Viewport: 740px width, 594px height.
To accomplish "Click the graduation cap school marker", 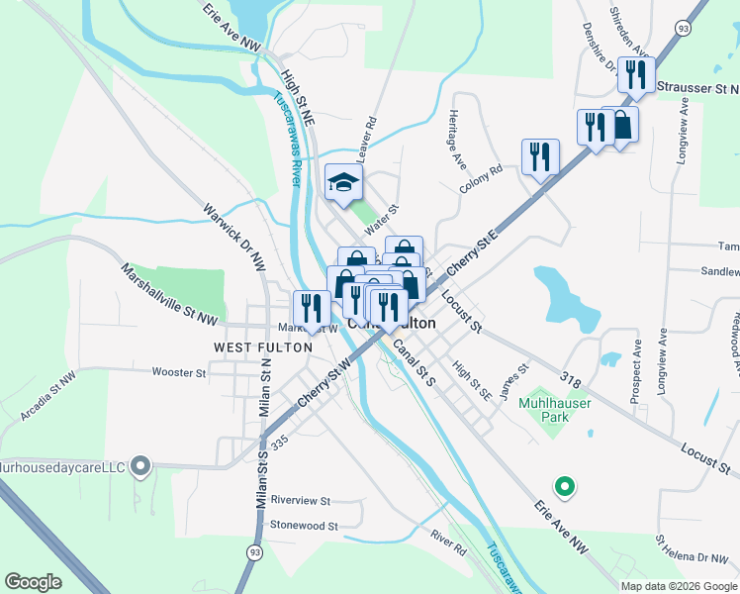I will (x=344, y=182).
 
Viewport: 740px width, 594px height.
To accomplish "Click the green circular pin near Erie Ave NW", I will (x=564, y=486).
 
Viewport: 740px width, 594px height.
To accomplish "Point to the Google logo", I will (x=33, y=582).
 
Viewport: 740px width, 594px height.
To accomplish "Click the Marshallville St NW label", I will (x=169, y=293).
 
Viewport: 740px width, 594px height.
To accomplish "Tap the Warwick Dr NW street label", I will (x=234, y=238).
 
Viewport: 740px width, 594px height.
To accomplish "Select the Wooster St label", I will (x=178, y=373).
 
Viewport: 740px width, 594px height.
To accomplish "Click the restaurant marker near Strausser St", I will (x=636, y=75).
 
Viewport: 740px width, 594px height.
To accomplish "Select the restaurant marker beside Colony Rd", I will (x=540, y=156).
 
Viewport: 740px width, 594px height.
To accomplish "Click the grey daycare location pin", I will (x=140, y=464).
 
